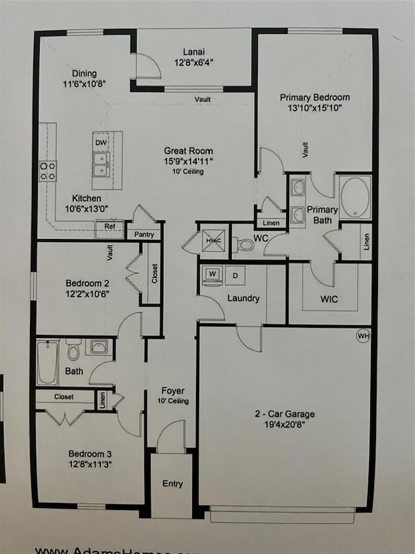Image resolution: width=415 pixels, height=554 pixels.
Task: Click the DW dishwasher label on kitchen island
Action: click(100, 142)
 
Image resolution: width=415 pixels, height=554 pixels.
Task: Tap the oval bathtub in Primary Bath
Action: click(355, 197)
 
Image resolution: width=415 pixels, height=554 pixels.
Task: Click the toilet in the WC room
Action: click(245, 244)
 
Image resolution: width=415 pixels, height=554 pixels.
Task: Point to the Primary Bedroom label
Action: click(315, 98)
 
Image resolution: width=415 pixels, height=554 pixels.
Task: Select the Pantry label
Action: click(144, 235)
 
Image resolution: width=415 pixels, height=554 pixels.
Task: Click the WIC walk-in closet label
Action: click(329, 299)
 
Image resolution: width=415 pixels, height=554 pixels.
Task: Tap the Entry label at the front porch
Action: click(172, 484)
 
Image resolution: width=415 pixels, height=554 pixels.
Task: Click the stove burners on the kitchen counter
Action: click(48, 170)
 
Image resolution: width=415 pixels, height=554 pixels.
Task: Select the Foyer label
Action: click(172, 390)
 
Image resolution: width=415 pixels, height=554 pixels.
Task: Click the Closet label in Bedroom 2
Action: click(155, 273)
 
